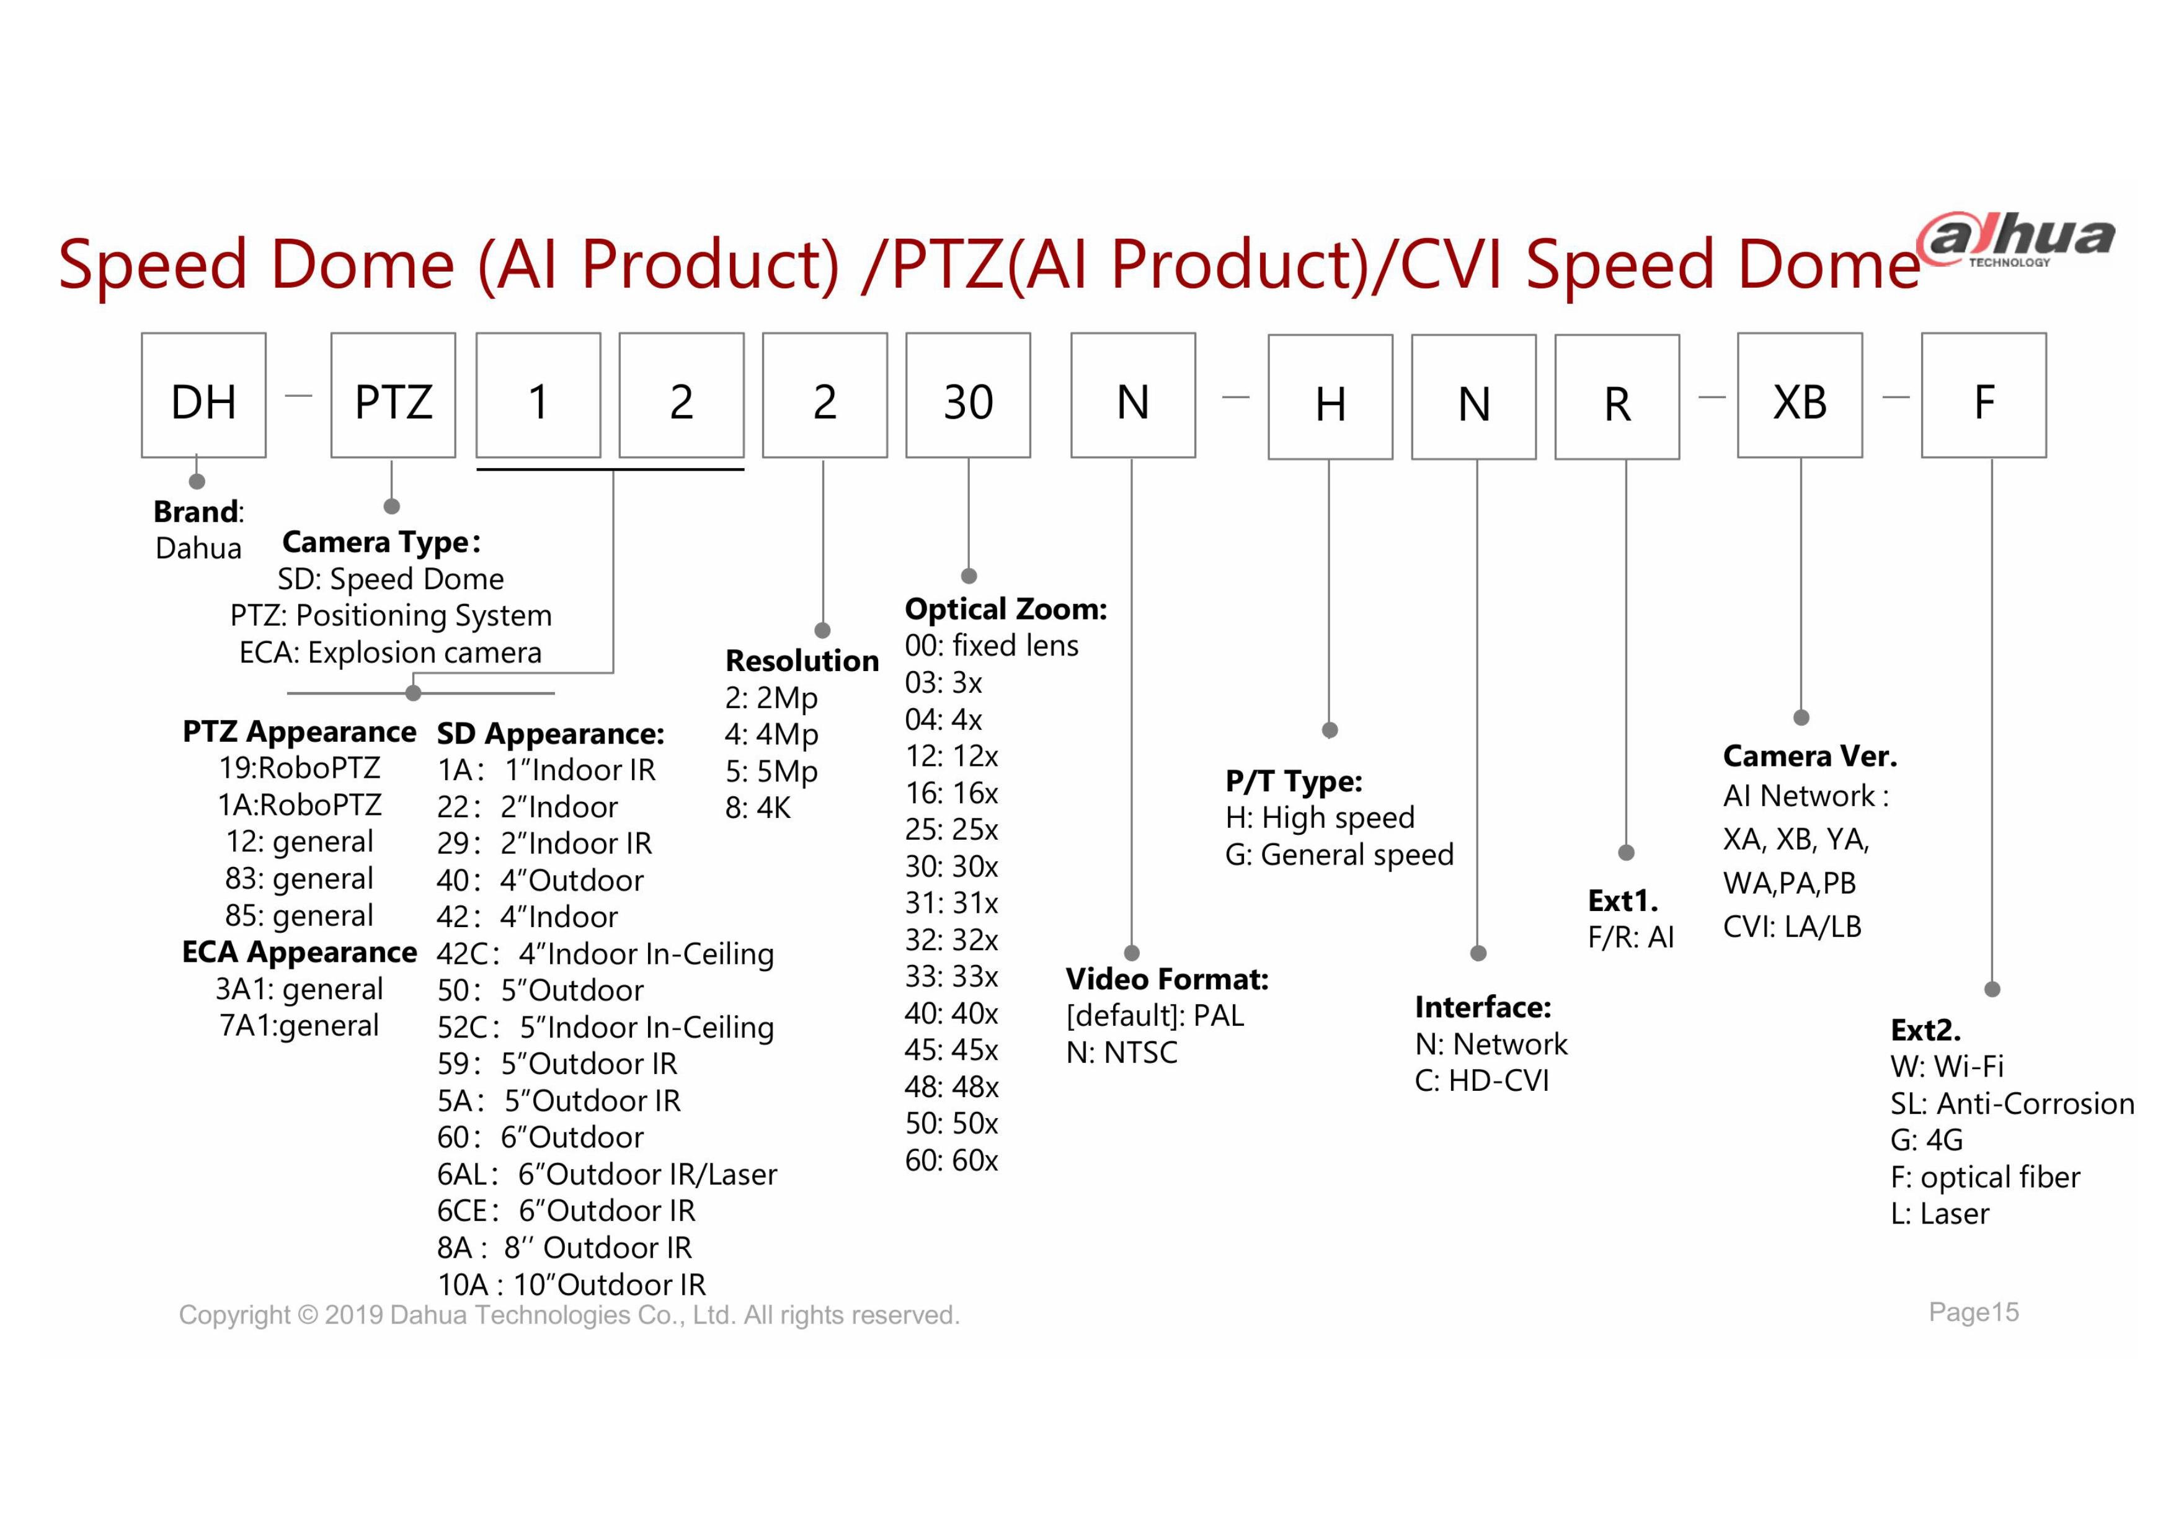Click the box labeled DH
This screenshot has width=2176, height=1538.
[x=204, y=395]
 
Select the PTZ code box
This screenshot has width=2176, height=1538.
[x=393, y=395]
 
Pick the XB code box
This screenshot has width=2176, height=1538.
[x=1800, y=395]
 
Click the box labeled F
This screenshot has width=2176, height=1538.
[x=1984, y=395]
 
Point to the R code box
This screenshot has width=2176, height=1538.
[x=1617, y=397]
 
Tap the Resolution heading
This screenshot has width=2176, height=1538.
[x=802, y=660]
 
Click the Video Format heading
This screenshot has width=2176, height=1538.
[x=1166, y=979]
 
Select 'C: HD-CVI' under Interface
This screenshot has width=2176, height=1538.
[x=1481, y=1080]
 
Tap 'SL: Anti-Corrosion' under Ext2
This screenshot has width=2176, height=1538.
[x=2012, y=1104]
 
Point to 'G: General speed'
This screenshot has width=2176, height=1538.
[x=1339, y=855]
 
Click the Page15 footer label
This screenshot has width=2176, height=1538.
[x=1973, y=1312]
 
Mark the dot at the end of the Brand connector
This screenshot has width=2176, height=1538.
[x=197, y=481]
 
